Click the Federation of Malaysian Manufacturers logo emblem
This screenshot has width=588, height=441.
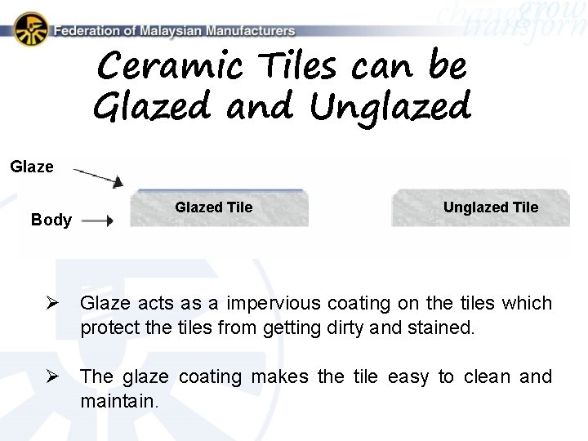coord(31,29)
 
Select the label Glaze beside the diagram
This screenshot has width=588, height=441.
coord(32,167)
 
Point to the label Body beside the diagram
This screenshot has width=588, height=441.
coord(51,220)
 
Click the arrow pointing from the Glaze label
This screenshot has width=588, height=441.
coord(98,176)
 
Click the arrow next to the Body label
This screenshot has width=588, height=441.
coord(97,220)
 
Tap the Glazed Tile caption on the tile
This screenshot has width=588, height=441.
coord(214,207)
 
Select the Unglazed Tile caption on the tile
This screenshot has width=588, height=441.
coord(490,207)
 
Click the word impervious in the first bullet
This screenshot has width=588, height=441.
coord(274,304)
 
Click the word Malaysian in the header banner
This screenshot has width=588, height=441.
coord(170,31)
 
